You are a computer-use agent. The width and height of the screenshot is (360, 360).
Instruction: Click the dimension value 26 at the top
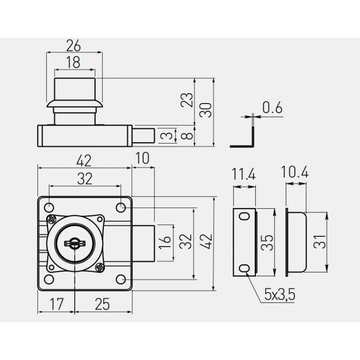(73, 45)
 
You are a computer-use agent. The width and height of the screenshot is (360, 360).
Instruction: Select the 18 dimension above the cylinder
(73, 62)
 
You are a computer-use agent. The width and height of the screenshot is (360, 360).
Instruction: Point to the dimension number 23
(187, 100)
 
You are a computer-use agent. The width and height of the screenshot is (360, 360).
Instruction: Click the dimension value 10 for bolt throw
(143, 158)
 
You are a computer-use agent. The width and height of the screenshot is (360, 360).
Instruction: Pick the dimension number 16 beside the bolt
(165, 243)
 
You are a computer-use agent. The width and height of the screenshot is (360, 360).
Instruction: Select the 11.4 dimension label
(244, 174)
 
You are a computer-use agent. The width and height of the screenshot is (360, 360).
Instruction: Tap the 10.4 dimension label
(295, 172)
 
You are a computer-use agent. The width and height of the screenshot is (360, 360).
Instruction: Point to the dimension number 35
(267, 243)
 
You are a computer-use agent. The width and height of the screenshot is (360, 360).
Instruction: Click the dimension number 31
(319, 242)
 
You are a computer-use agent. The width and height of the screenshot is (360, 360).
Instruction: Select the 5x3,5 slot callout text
(279, 295)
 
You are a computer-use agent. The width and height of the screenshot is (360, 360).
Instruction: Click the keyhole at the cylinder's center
(75, 243)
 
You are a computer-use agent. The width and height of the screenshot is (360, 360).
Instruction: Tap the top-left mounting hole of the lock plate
(49, 208)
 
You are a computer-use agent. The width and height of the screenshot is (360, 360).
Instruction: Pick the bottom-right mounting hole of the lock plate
(121, 279)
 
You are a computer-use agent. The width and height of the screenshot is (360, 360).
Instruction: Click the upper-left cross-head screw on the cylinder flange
(52, 220)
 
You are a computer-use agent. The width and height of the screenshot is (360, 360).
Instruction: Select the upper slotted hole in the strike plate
(244, 216)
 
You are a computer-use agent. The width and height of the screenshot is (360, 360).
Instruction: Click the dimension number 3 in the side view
(169, 135)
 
